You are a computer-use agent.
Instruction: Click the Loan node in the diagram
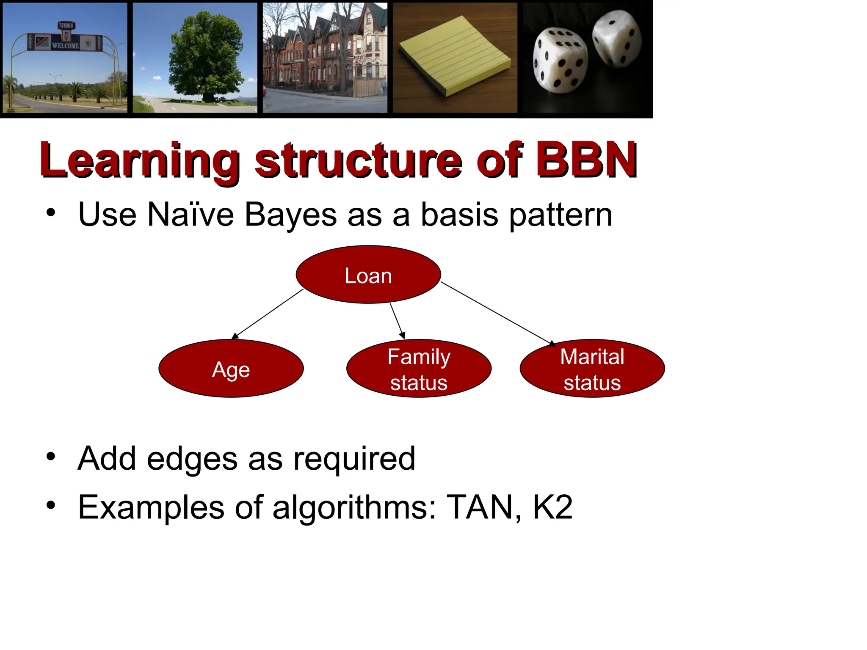pyautogui.click(x=368, y=275)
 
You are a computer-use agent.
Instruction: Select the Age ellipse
pyautogui.click(x=231, y=369)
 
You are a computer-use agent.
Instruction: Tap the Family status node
pyautogui.click(x=419, y=369)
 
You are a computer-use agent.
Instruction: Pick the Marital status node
pyautogui.click(x=592, y=369)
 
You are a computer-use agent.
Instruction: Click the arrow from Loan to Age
pyautogui.click(x=268, y=314)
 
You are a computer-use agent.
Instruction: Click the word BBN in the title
pyautogui.click(x=586, y=160)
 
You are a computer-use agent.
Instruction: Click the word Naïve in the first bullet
pyautogui.click(x=191, y=215)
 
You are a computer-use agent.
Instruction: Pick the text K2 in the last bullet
pyautogui.click(x=552, y=507)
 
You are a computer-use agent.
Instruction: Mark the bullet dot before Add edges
pyautogui.click(x=51, y=457)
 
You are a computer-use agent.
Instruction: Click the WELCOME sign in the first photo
pyautogui.click(x=65, y=45)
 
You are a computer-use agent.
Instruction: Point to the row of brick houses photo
pyautogui.click(x=325, y=57)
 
